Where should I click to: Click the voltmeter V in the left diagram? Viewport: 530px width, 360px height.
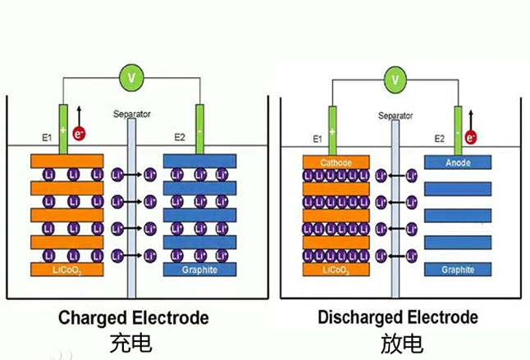[130, 78]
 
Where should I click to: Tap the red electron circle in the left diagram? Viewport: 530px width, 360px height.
[80, 132]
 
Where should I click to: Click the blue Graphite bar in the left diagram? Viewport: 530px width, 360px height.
[199, 269]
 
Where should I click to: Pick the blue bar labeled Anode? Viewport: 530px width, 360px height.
[457, 162]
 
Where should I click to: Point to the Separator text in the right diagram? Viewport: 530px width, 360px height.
[395, 116]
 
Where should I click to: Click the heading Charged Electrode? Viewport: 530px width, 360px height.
[133, 317]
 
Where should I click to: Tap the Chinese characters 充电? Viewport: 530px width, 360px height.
[131, 342]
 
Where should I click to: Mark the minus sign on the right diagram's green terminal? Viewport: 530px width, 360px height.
[458, 118]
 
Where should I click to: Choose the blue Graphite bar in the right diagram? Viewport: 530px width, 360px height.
[457, 269]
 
